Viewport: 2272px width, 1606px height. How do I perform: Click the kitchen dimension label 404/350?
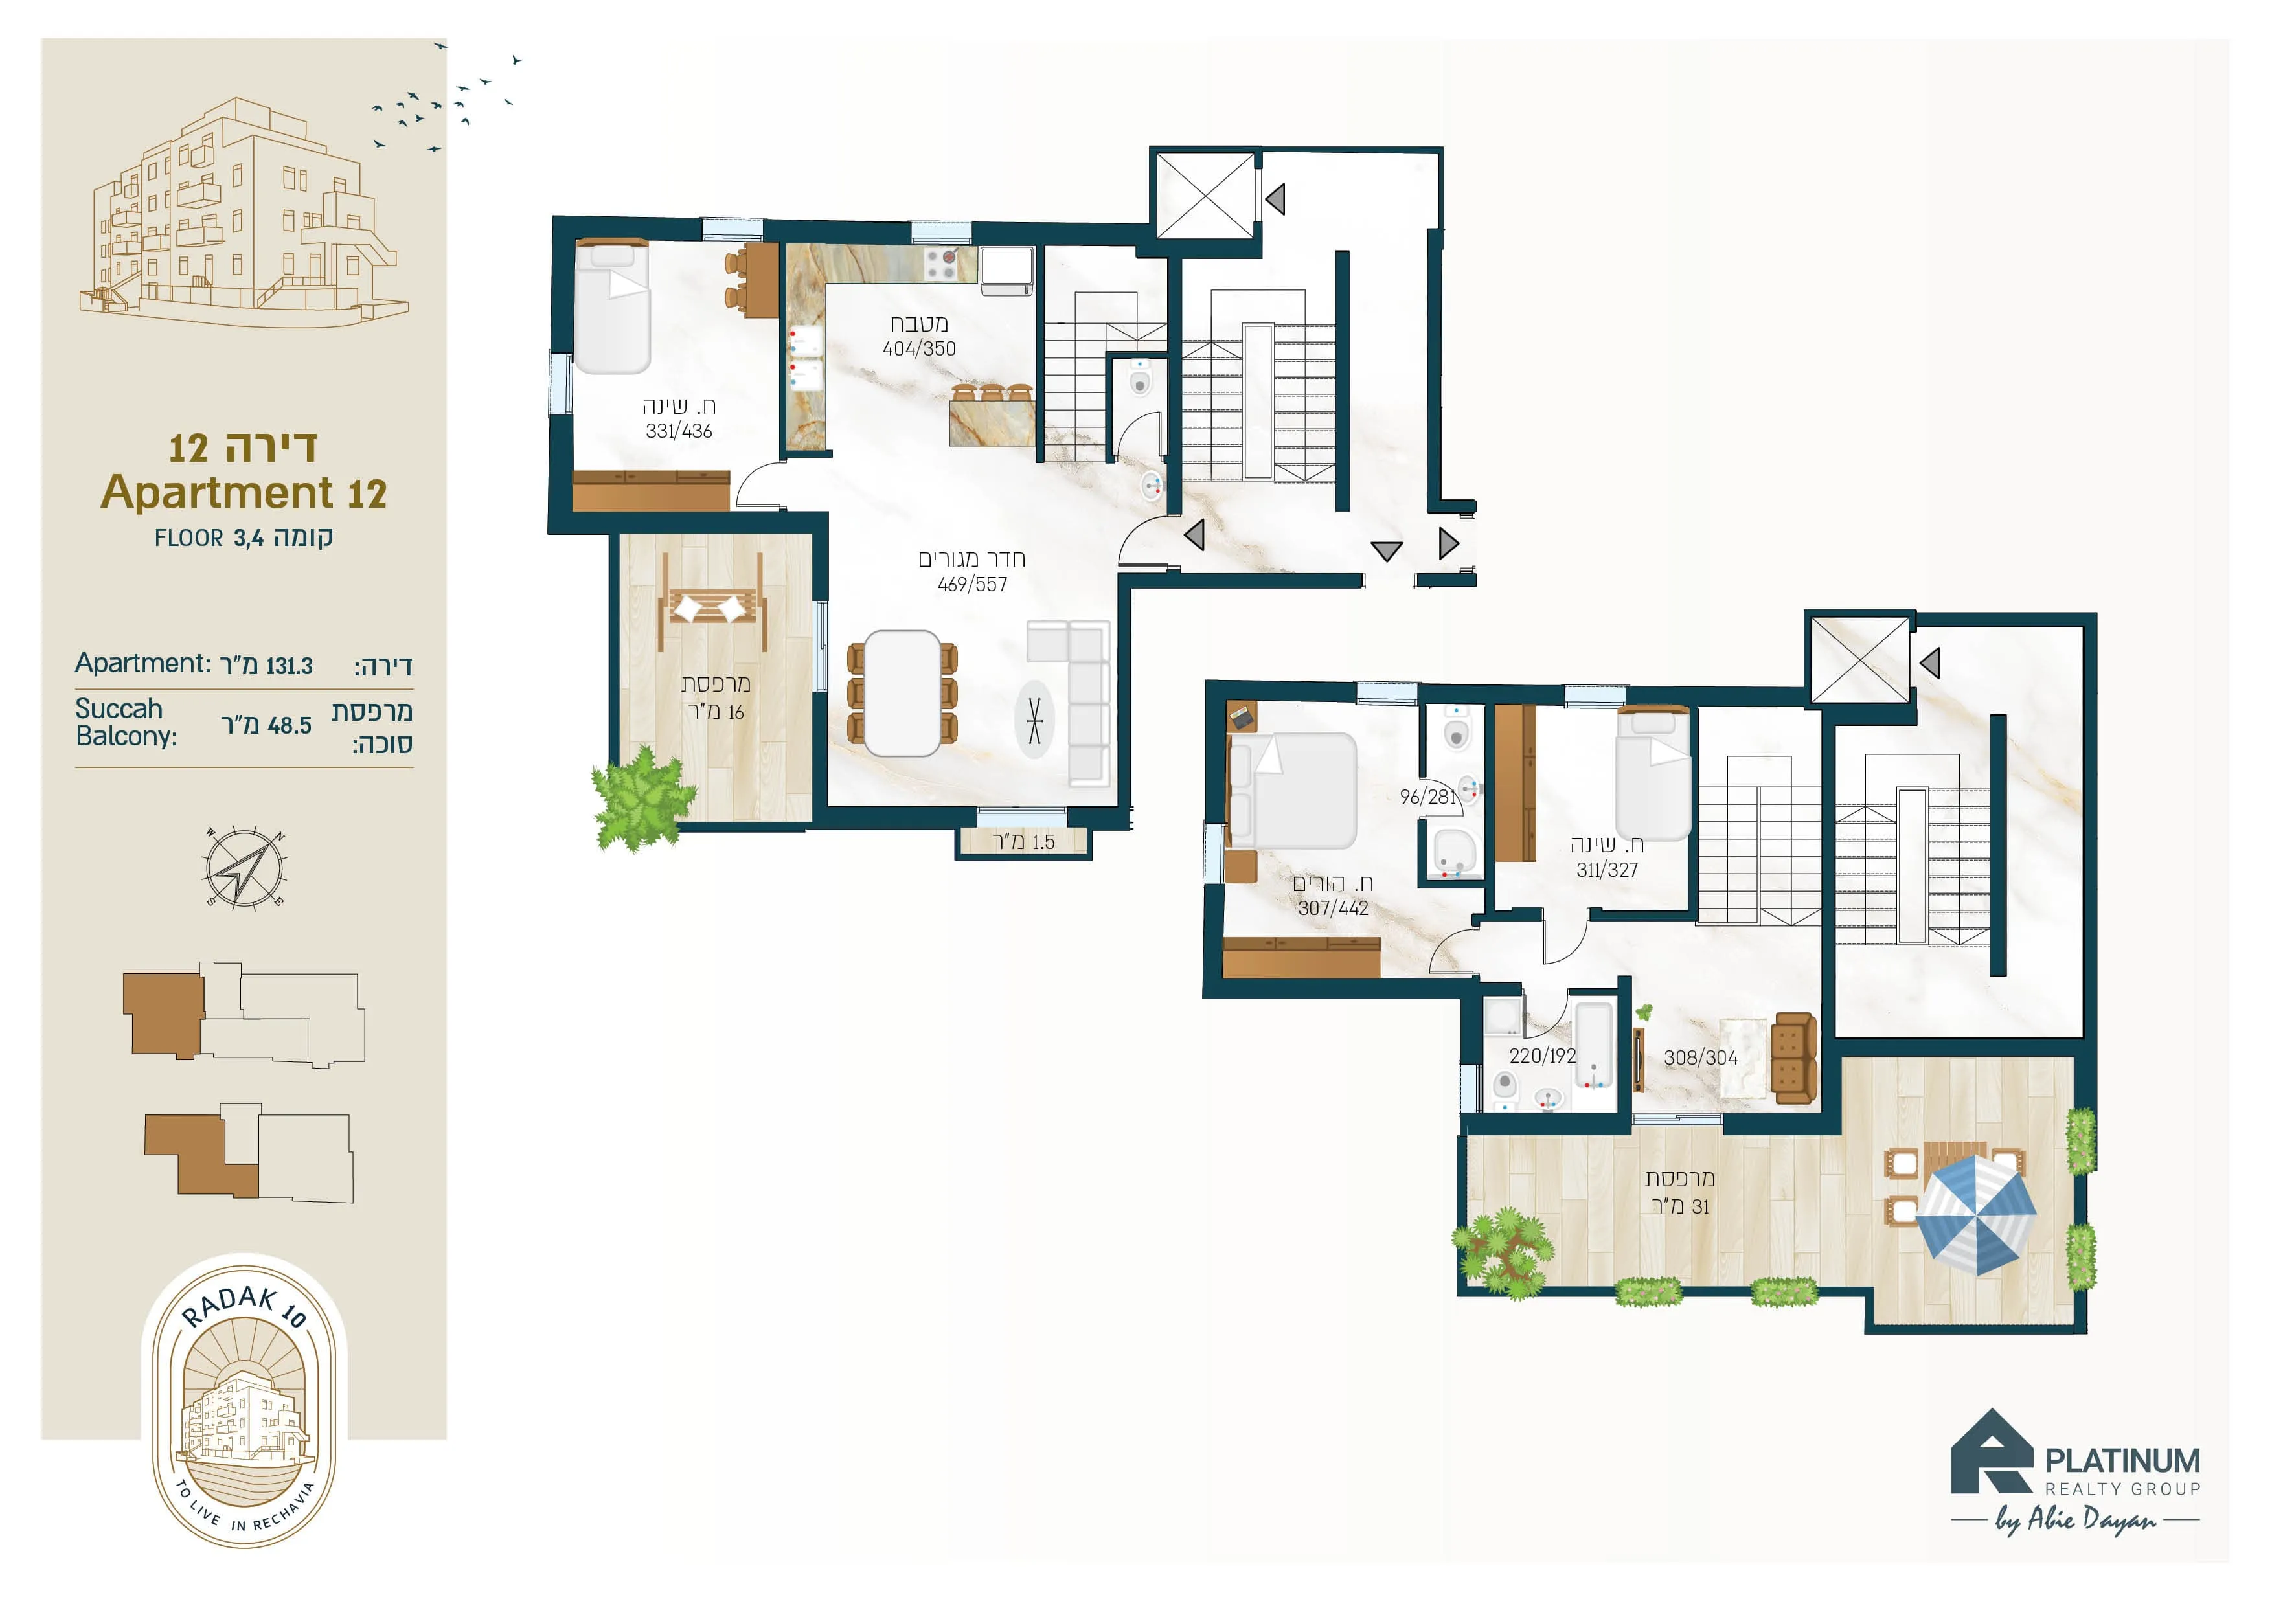click(918, 348)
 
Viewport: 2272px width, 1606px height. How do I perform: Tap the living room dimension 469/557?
click(971, 585)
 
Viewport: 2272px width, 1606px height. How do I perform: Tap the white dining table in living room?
click(902, 694)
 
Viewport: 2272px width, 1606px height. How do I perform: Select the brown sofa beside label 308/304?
click(1794, 1057)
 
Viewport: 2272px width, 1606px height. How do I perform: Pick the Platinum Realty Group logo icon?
click(1991, 1452)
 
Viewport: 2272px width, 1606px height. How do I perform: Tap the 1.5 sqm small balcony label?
click(1023, 842)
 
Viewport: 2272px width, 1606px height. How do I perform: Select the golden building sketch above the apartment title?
click(244, 212)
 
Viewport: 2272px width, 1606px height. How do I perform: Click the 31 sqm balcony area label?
click(1680, 1206)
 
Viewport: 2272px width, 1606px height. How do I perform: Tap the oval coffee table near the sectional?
click(1034, 719)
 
